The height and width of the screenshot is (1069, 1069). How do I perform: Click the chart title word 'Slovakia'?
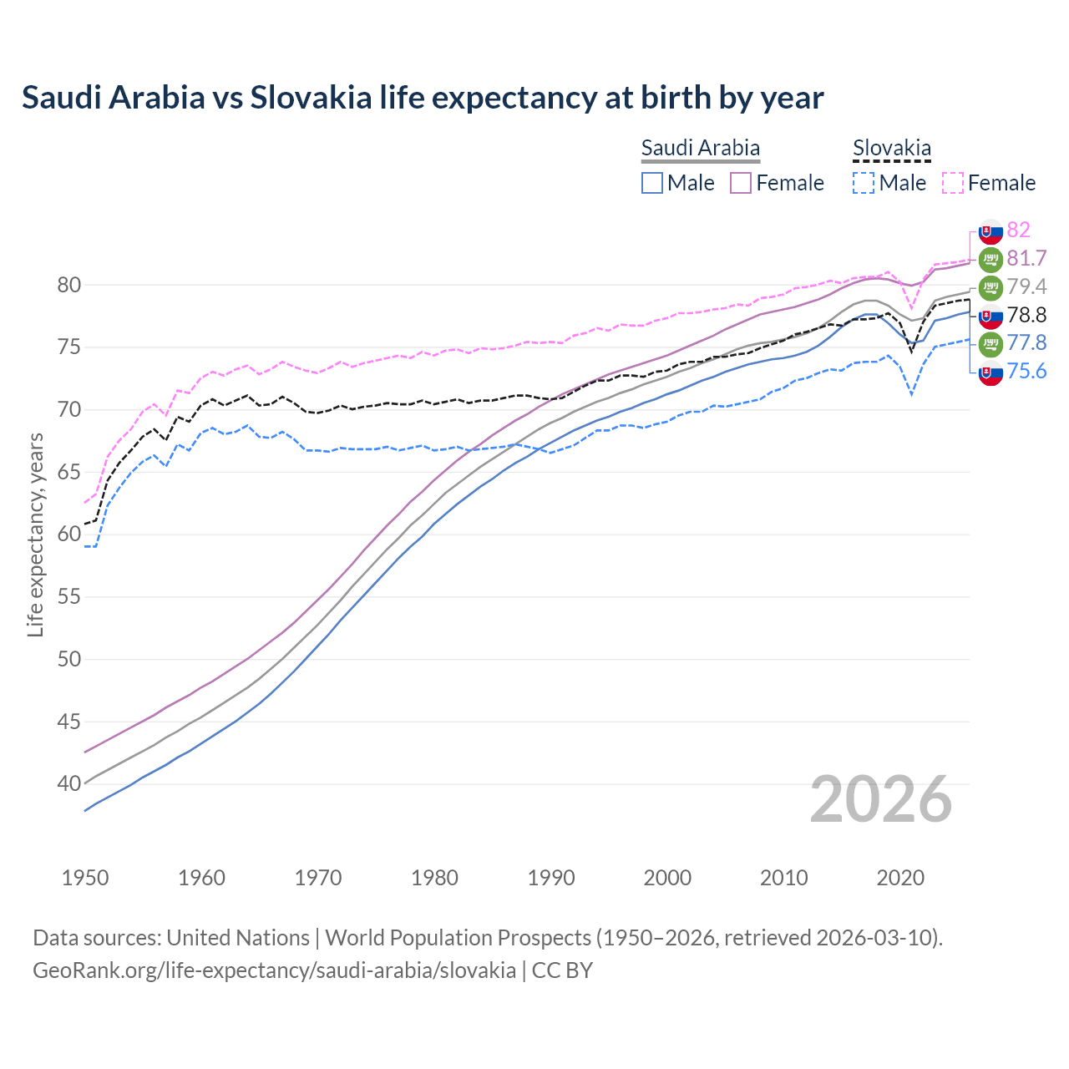(x=311, y=98)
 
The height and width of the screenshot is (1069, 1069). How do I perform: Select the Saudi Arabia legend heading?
(x=700, y=149)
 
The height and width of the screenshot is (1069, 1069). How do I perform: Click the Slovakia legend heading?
(x=891, y=149)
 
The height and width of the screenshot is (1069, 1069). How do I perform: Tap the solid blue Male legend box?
(x=652, y=183)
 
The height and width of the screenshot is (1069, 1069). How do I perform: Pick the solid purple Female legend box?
(x=741, y=183)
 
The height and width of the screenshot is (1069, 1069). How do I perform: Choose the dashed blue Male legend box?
(x=864, y=183)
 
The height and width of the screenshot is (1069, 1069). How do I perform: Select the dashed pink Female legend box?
(x=953, y=183)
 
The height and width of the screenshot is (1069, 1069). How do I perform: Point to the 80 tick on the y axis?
(x=68, y=286)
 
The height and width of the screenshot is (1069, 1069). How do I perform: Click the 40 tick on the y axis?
(x=68, y=784)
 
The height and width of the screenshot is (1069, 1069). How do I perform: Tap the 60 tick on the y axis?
(x=68, y=534)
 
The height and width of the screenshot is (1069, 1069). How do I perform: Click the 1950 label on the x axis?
(x=85, y=878)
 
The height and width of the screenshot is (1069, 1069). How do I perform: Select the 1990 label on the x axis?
(x=551, y=878)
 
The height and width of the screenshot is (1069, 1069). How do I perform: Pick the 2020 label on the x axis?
(x=900, y=878)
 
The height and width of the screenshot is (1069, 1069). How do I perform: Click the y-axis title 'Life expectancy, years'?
(x=35, y=535)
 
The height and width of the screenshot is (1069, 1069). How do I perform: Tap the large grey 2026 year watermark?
(x=880, y=799)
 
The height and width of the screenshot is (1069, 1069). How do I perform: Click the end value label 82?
(x=1018, y=230)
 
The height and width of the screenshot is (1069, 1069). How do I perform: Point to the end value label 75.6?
(x=1026, y=372)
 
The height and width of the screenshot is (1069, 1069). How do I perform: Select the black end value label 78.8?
(x=1026, y=315)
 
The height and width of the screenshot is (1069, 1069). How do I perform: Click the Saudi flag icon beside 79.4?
(x=990, y=287)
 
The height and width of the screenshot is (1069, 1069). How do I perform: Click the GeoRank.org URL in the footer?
(x=274, y=970)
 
